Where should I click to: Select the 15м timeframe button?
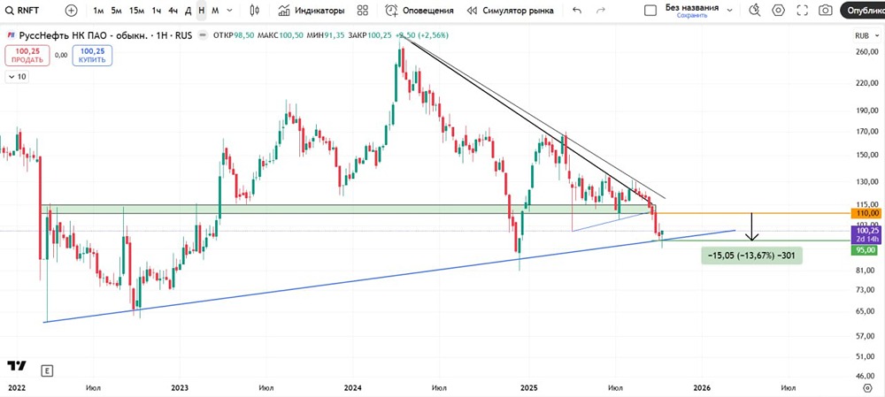click(x=136, y=11)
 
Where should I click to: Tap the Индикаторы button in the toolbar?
click(x=311, y=11)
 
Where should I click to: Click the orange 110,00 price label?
click(x=866, y=213)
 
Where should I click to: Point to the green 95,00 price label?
click(x=866, y=250)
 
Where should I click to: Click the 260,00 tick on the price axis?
click(x=866, y=51)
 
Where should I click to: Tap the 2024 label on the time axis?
click(x=352, y=387)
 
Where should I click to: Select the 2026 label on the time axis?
click(x=702, y=387)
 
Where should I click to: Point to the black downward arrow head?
click(x=751, y=238)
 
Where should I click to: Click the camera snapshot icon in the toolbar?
click(x=825, y=11)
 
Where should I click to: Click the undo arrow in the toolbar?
click(x=577, y=11)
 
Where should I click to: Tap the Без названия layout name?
click(x=693, y=7)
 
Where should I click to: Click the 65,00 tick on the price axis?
click(x=866, y=310)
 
